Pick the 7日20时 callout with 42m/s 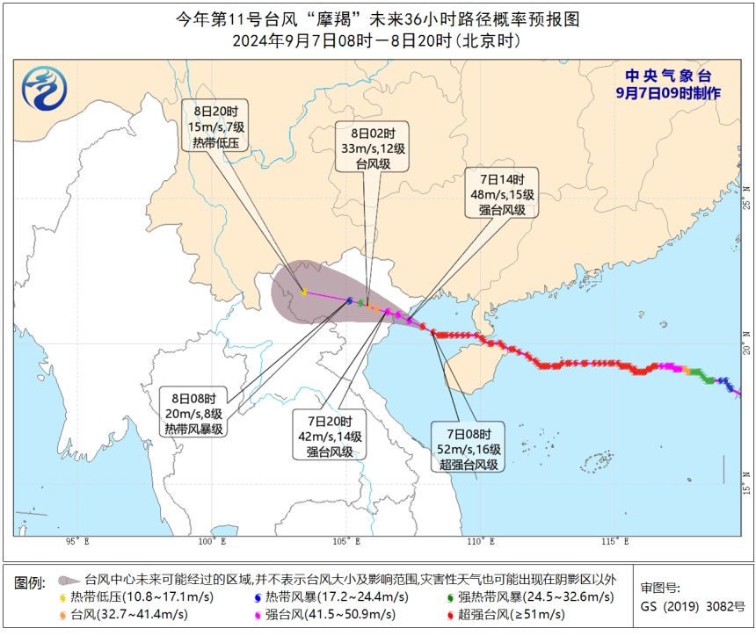tap(330, 435)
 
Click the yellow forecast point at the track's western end tap(303, 292)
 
